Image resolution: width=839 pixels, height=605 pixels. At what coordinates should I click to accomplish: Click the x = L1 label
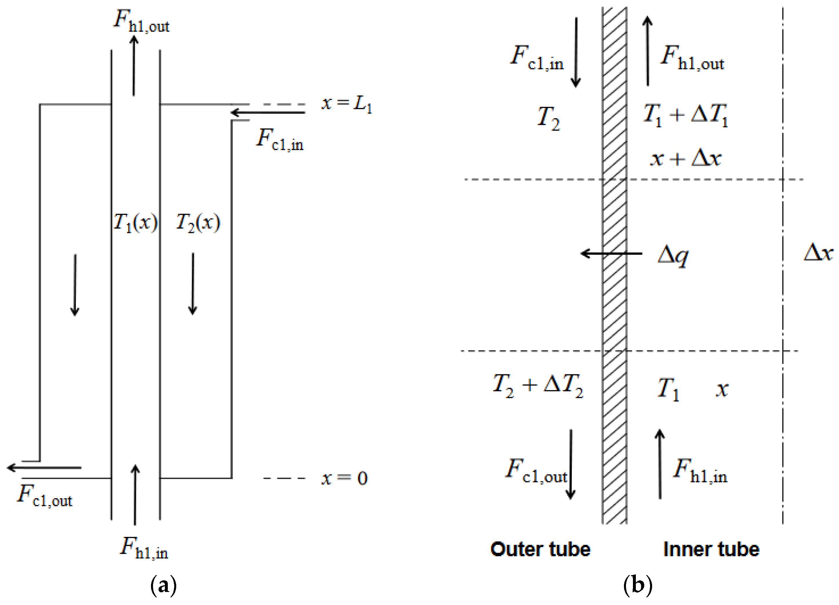coord(346,103)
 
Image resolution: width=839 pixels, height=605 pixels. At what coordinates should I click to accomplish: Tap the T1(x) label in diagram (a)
coord(135,223)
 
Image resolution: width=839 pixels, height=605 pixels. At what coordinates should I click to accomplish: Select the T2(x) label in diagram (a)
coord(198,223)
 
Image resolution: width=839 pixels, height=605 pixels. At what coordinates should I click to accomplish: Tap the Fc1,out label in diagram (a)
coord(45,495)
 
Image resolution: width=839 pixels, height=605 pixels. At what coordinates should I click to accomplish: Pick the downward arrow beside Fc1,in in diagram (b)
coord(576,52)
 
